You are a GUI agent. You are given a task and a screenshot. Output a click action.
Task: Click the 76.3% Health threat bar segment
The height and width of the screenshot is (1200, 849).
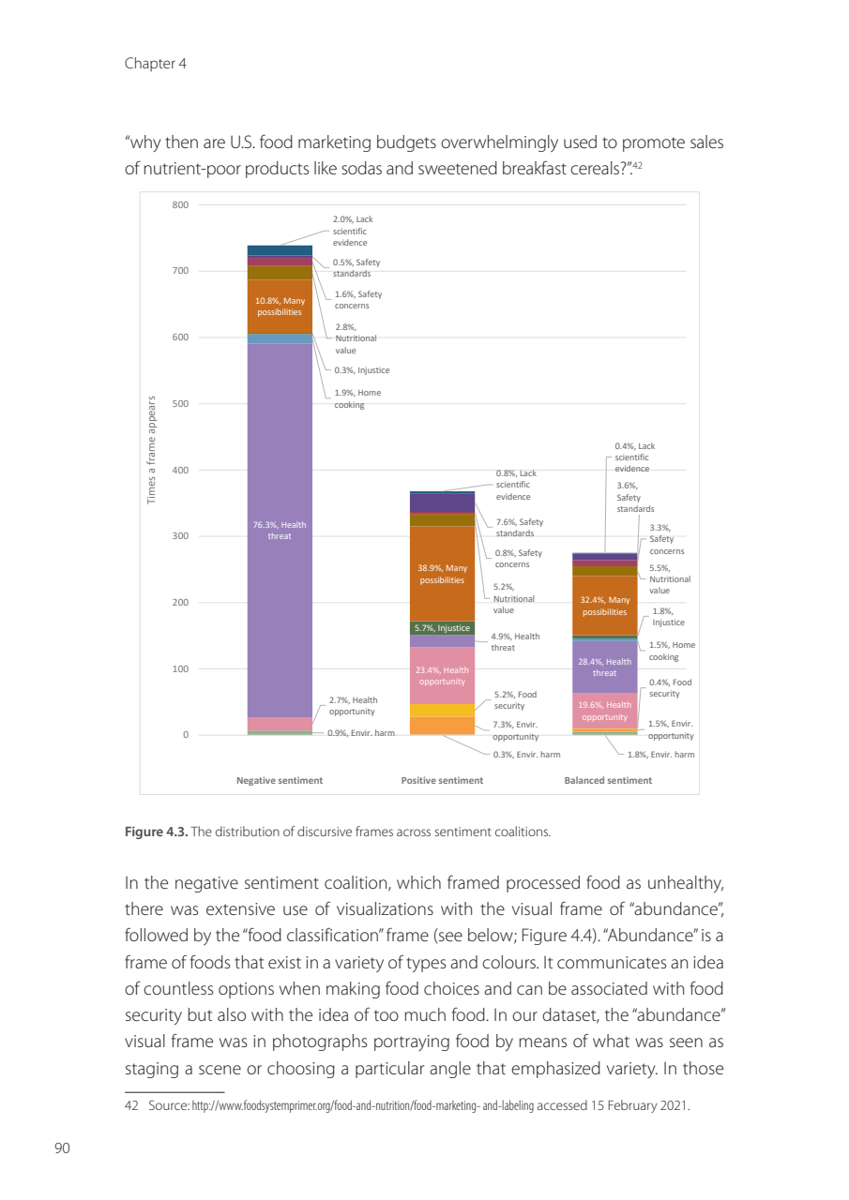point(280,530)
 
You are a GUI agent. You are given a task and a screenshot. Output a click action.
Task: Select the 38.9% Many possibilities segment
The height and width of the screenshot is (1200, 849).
point(442,573)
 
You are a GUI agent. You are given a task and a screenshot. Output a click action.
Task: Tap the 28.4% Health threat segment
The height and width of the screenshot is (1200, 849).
point(605,667)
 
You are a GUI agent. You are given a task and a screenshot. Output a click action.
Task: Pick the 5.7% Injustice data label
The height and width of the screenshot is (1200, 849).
point(442,628)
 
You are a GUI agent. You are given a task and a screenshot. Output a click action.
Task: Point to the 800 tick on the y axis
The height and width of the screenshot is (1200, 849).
point(180,204)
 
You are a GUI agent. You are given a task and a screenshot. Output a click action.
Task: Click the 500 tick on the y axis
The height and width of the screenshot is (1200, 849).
point(180,404)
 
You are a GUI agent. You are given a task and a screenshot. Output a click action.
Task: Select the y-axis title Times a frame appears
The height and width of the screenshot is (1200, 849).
point(152,450)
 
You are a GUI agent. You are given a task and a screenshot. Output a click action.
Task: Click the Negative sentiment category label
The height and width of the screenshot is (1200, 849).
point(280,780)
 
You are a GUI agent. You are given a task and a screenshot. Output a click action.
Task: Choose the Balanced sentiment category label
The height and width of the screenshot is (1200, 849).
point(608,780)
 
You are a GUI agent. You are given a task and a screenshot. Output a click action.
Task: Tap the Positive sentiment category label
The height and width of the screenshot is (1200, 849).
point(442,780)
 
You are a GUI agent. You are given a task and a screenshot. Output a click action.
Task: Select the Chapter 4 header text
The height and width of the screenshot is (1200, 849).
point(149,64)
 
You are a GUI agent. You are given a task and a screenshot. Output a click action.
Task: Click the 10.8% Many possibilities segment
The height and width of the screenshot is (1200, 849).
point(280,307)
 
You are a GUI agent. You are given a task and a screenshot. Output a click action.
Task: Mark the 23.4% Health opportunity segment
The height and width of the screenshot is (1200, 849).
point(442,675)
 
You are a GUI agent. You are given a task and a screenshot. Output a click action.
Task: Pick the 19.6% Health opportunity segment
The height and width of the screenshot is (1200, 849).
point(605,711)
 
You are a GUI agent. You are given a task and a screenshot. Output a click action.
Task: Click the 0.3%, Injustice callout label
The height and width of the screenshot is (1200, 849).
point(362,370)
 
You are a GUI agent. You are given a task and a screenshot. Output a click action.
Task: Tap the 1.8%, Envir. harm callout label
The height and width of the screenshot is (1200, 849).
point(661,754)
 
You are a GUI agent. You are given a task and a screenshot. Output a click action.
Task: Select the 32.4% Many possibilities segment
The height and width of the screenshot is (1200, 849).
point(605,606)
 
